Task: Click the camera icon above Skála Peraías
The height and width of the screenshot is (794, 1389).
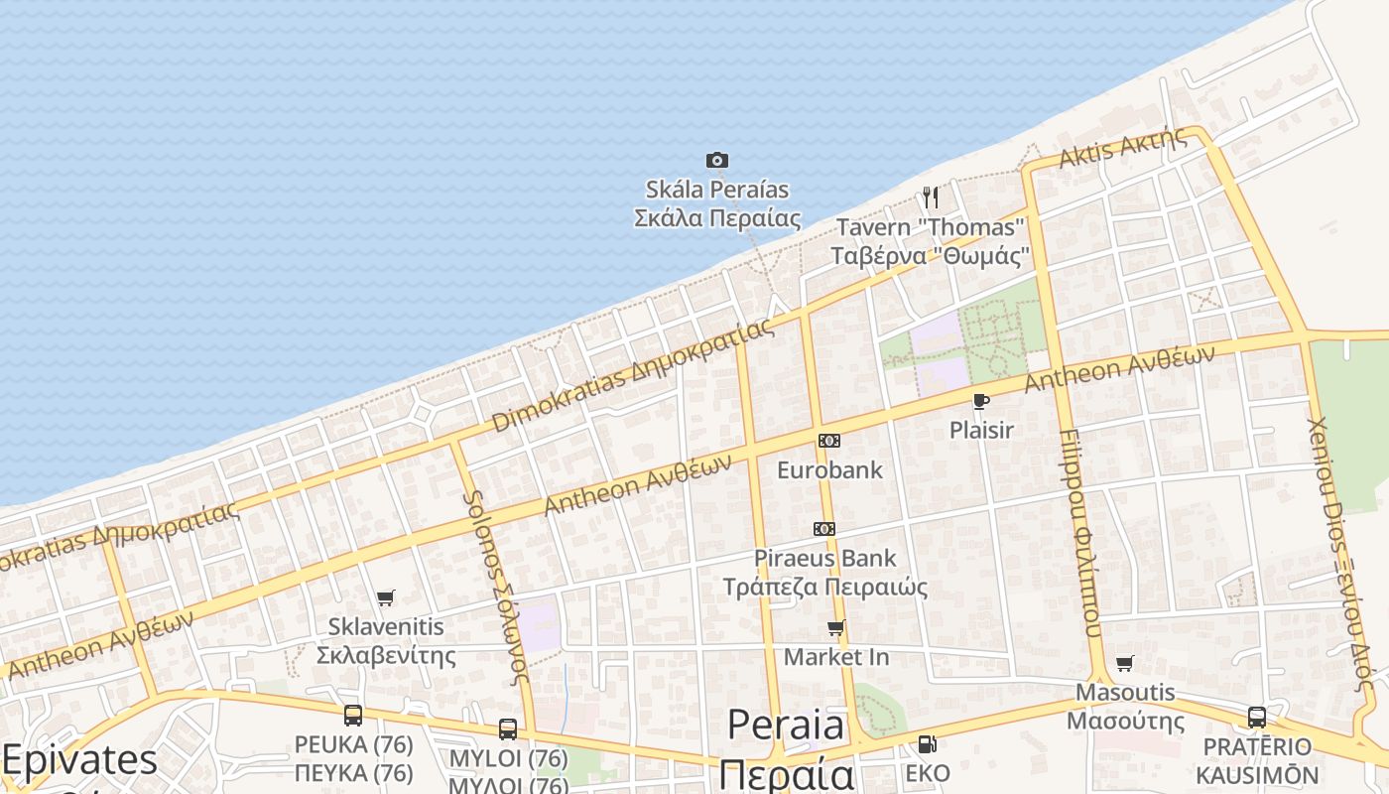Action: click(x=716, y=160)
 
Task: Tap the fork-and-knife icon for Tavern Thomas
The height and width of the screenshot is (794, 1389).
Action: click(x=930, y=197)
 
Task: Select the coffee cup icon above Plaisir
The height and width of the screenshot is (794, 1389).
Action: click(x=980, y=401)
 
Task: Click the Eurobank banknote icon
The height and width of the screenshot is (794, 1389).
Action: click(x=828, y=441)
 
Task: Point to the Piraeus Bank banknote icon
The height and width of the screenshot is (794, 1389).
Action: click(x=823, y=529)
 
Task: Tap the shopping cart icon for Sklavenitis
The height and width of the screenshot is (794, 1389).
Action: click(x=386, y=597)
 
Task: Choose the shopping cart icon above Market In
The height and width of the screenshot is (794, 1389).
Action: click(x=836, y=627)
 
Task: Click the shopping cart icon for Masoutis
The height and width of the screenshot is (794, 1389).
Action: click(x=1124, y=663)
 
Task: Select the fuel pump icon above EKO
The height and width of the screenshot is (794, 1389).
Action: click(x=927, y=743)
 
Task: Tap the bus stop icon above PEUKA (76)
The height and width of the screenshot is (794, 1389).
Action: click(x=352, y=715)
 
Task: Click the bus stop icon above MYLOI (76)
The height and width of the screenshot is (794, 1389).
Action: click(x=508, y=729)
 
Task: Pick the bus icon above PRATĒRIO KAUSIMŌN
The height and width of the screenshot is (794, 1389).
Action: click(x=1256, y=717)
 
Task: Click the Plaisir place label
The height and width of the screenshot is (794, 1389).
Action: click(x=981, y=430)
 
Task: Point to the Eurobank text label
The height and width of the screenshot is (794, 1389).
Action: click(x=829, y=469)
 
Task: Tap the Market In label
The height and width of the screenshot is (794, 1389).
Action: click(x=836, y=657)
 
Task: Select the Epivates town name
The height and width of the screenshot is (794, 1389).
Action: click(x=79, y=761)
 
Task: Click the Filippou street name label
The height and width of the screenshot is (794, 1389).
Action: click(x=1080, y=536)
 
